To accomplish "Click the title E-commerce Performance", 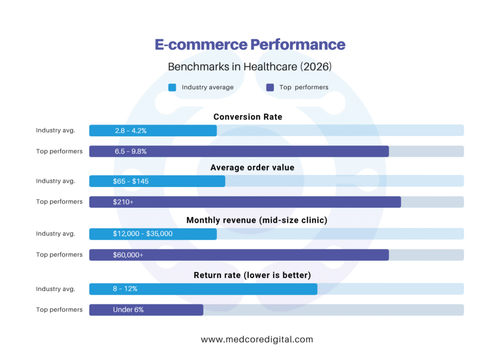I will point(250,44).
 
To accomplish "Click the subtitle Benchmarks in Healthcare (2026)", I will point(250,66).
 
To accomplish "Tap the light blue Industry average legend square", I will point(172,87).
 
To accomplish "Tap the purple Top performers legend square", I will point(270,87).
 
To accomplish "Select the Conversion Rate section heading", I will point(248,117).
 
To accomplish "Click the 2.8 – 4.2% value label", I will point(131,130).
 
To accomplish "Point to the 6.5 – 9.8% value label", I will point(131,151).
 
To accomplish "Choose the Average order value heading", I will point(252,168).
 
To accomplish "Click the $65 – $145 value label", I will point(131,181).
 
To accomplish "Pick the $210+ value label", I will point(123,202).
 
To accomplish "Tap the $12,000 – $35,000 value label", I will point(143,234).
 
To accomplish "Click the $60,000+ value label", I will point(128,255).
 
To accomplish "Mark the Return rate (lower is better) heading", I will point(252,275).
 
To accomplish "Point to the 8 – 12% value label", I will point(125,289).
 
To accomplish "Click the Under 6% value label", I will point(128,310).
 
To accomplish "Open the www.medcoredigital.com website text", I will point(257,339).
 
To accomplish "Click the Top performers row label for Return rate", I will point(59,310).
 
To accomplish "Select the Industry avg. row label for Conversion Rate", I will point(56,130).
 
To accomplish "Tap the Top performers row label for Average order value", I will point(59,202).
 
